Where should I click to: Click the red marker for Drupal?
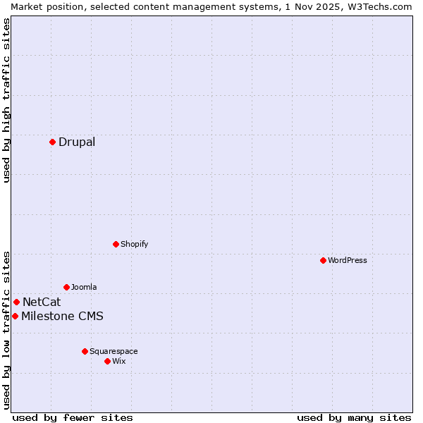pyautogui.click(x=52, y=142)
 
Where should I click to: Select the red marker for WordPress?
pyautogui.click(x=323, y=260)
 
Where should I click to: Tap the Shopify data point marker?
pyautogui.click(x=116, y=244)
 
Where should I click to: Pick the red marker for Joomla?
pyautogui.click(x=66, y=287)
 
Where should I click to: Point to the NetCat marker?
pyautogui.click(x=16, y=302)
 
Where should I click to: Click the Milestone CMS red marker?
pyautogui.click(x=15, y=316)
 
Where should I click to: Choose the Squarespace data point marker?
pyautogui.click(x=85, y=351)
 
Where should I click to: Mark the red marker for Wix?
pyautogui.click(x=107, y=361)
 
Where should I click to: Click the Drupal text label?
pyautogui.click(x=77, y=142)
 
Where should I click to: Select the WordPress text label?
pyautogui.click(x=348, y=260)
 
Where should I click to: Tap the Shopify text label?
pyautogui.click(x=135, y=244)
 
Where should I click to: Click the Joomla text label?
pyautogui.click(x=84, y=287)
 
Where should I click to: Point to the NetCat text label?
pyautogui.click(x=42, y=302)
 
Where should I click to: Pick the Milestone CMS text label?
pyautogui.click(x=62, y=316)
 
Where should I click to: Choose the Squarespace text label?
pyautogui.click(x=114, y=351)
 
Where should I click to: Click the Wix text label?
pyautogui.click(x=119, y=361)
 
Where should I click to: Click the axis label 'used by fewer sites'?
pyautogui.click(x=73, y=417)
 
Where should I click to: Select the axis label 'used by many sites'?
pyautogui.click(x=354, y=417)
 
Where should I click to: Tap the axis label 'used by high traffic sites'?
pyautogui.click(x=6, y=100)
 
